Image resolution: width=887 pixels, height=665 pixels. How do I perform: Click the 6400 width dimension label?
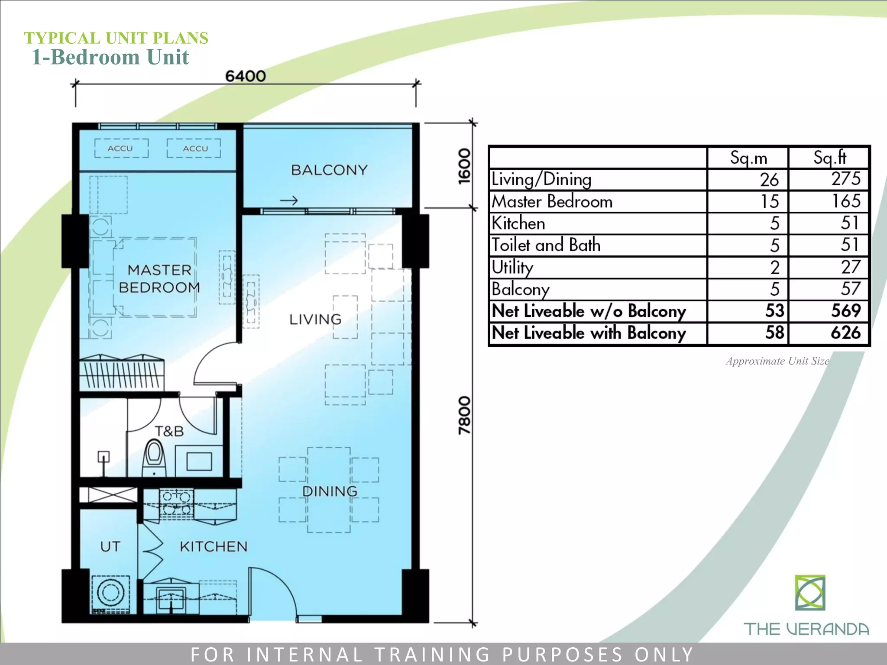pyautogui.click(x=245, y=76)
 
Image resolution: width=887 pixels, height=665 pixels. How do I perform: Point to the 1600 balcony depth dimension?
pyautogui.click(x=464, y=166)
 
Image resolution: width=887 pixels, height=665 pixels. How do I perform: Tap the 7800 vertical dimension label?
pyautogui.click(x=464, y=415)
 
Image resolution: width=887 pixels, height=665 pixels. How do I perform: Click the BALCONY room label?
pyautogui.click(x=329, y=170)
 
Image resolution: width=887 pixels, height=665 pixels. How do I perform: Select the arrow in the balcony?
pyautogui.click(x=289, y=200)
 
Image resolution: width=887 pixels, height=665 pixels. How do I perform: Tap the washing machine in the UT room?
pyautogui.click(x=110, y=592)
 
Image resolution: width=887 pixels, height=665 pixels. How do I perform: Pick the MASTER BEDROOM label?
pyautogui.click(x=159, y=279)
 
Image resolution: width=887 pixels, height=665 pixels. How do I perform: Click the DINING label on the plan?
pyautogui.click(x=330, y=491)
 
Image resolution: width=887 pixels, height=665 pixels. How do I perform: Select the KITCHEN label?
pyautogui.click(x=214, y=546)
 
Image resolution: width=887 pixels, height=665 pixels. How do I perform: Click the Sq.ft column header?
pyautogui.click(x=829, y=158)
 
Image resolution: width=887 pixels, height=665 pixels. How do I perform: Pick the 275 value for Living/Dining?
pyautogui.click(x=845, y=179)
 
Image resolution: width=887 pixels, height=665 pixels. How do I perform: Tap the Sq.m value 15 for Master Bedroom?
pyautogui.click(x=770, y=201)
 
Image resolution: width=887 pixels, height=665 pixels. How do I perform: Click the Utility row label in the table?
pyautogui.click(x=512, y=267)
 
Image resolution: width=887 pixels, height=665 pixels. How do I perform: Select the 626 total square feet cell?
pyautogui.click(x=845, y=332)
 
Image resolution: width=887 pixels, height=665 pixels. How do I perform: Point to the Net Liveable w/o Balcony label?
pyautogui.click(x=589, y=311)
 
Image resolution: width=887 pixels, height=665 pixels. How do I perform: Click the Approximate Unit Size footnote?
pyautogui.click(x=777, y=361)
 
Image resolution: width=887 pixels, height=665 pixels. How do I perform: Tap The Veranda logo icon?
pyautogui.click(x=810, y=593)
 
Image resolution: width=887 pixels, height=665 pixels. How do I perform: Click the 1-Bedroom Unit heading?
pyautogui.click(x=110, y=57)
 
